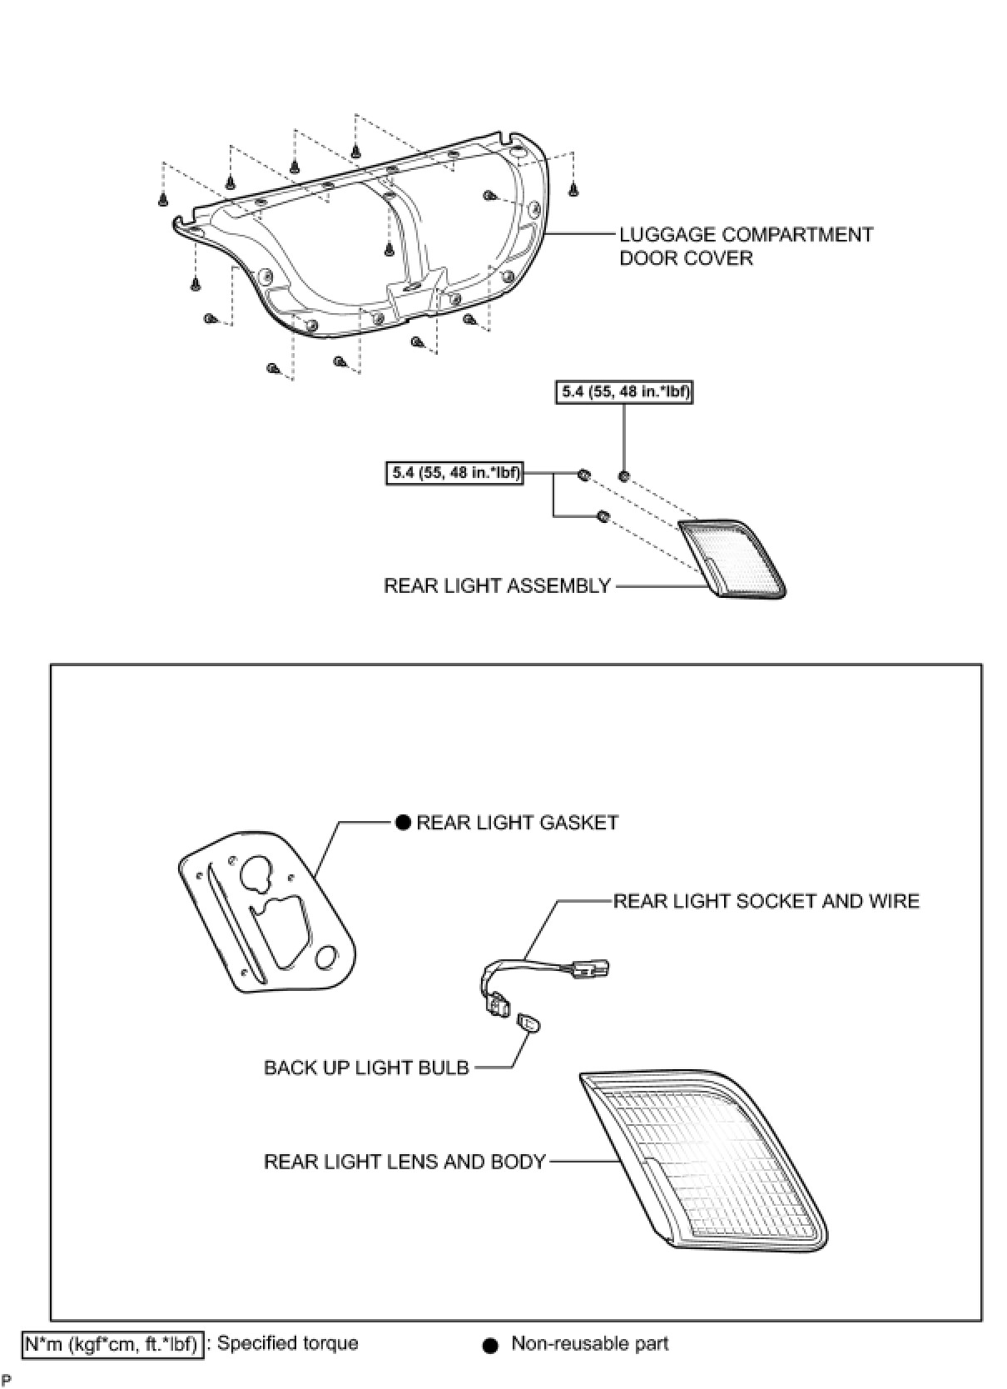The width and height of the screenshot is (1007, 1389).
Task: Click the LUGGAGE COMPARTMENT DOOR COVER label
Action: (746, 246)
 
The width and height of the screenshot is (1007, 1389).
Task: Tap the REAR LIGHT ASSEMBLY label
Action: (497, 586)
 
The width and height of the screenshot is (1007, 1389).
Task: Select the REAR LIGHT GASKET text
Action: (517, 823)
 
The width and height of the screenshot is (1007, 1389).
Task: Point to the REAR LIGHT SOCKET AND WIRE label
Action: (766, 901)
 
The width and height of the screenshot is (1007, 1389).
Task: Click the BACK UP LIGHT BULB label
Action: (366, 1068)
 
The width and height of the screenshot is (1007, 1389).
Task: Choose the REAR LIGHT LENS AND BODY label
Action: (404, 1162)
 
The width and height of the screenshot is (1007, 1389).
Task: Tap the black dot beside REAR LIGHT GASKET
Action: (403, 823)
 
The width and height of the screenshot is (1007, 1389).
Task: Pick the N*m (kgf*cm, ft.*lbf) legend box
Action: (112, 1344)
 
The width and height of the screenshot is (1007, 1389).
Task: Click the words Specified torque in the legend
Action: (287, 1344)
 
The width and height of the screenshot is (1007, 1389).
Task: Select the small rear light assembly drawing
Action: (731, 556)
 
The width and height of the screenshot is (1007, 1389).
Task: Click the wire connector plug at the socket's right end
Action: (593, 968)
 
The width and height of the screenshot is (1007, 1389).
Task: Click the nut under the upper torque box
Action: (623, 476)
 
